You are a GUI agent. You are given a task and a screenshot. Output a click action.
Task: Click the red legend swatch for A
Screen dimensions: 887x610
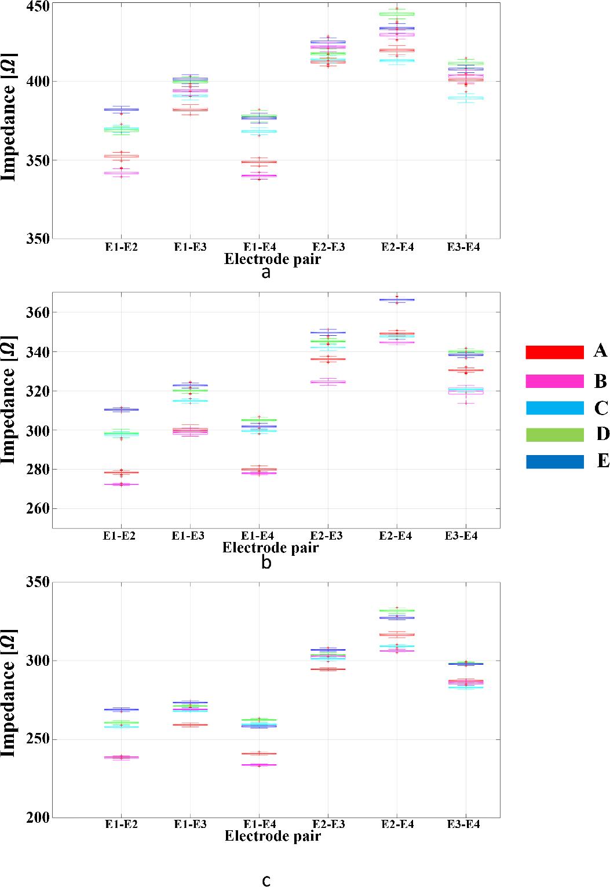[554, 352]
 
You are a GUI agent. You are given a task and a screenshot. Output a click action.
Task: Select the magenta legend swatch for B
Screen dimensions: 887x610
[554, 381]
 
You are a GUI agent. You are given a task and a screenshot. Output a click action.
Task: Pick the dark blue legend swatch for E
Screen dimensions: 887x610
[554, 461]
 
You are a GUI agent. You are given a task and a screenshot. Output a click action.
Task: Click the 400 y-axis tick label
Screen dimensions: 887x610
[39, 82]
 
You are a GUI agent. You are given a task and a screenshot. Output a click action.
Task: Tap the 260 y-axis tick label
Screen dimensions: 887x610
[39, 509]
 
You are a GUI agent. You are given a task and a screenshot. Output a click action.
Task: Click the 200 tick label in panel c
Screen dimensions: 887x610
[39, 818]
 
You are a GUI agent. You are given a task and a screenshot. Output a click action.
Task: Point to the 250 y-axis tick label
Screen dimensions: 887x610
[39, 740]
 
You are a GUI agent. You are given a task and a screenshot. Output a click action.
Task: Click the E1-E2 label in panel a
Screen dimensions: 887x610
[121, 247]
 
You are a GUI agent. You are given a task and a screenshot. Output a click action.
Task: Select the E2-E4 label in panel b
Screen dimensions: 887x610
[396, 536]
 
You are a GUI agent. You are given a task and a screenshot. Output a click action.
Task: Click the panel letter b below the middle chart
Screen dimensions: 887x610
[266, 562]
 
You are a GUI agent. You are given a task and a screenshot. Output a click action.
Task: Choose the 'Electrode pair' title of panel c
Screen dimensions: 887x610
[272, 836]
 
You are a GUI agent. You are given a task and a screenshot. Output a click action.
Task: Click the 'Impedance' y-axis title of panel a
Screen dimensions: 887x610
[9, 117]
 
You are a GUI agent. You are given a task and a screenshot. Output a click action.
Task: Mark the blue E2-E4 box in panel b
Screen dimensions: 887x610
[396, 300]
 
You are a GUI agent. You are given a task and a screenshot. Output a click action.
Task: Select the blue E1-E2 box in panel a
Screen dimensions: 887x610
[121, 109]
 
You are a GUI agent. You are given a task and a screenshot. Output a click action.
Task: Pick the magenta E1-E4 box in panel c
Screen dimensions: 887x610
[259, 765]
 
